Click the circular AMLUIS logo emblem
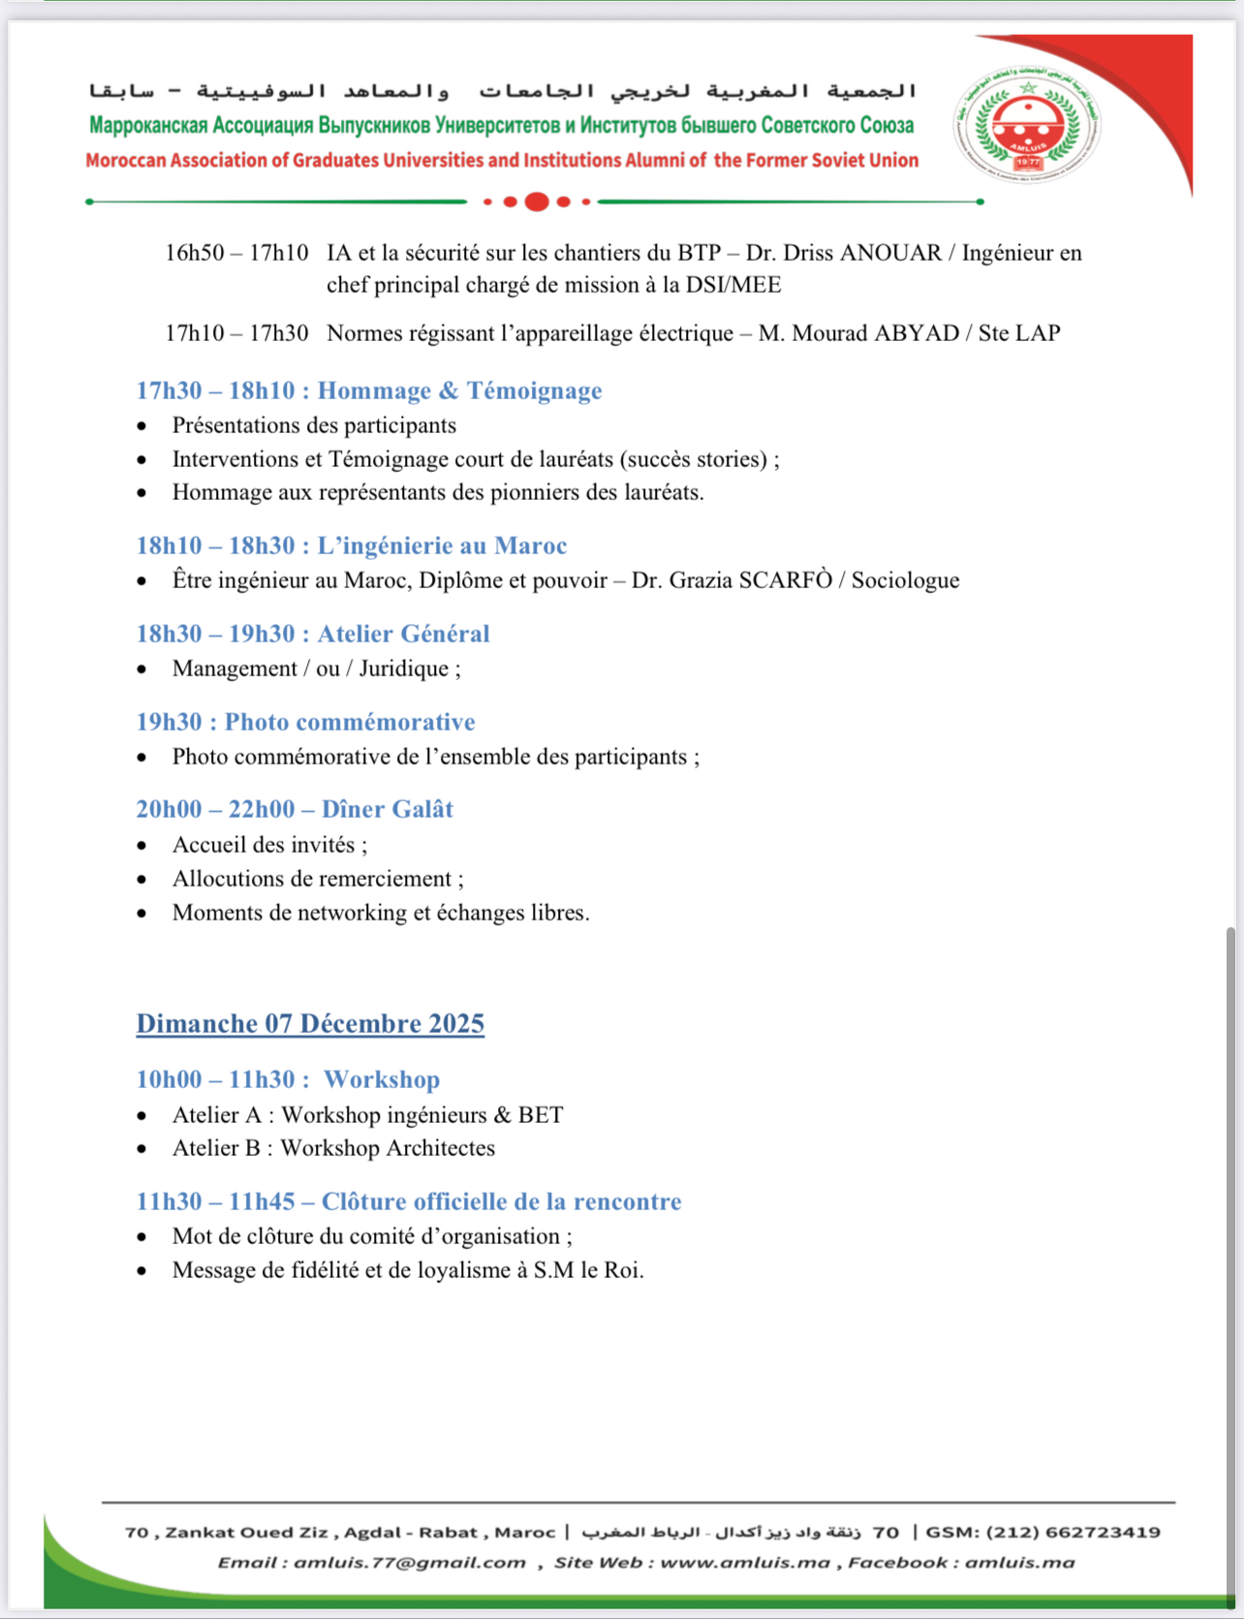[1028, 124]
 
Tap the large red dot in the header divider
[537, 202]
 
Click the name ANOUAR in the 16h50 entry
[890, 253]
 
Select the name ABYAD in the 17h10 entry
[917, 333]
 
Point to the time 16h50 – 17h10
[236, 253]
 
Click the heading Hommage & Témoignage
[459, 390]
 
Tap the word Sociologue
[905, 580]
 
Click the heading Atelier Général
[403, 634]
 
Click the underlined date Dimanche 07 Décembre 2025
[310, 1024]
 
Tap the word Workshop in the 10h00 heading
[381, 1079]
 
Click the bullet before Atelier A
[142, 1116]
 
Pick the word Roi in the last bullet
[623, 1270]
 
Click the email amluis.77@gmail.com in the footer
[410, 1562]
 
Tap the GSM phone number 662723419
[1103, 1532]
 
